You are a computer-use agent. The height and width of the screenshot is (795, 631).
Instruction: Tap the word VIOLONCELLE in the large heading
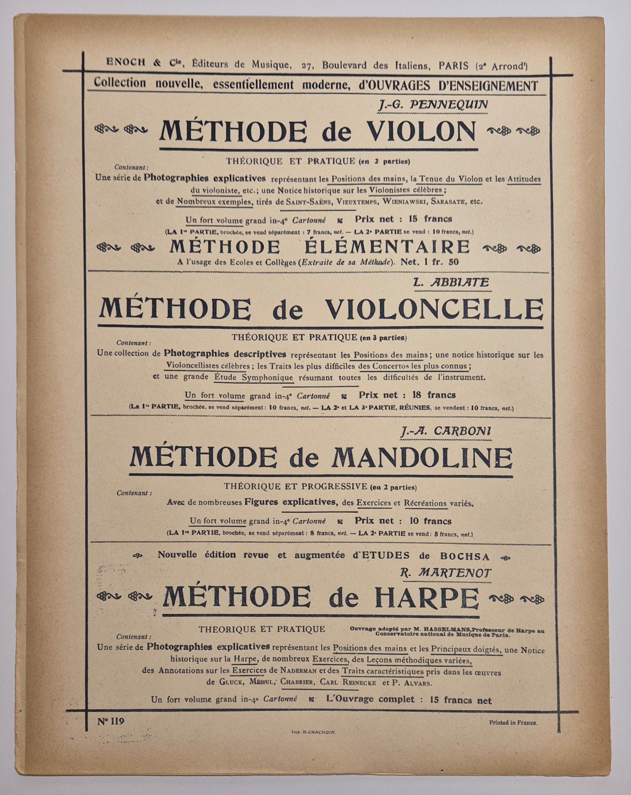click(x=434, y=309)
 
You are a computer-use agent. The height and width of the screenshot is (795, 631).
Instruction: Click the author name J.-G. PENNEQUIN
click(x=433, y=105)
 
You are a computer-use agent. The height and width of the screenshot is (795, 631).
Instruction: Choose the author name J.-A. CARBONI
click(x=446, y=432)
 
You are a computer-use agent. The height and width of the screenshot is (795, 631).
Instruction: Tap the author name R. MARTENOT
click(x=445, y=573)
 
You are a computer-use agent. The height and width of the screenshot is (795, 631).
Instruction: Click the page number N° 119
click(x=111, y=721)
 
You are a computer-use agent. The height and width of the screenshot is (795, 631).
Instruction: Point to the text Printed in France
click(x=513, y=723)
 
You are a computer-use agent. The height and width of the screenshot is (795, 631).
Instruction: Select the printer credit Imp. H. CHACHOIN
click(x=314, y=731)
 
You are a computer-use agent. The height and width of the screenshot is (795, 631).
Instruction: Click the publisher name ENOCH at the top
click(x=125, y=63)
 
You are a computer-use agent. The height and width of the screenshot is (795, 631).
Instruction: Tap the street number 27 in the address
click(x=308, y=66)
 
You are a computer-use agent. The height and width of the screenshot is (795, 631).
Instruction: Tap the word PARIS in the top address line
click(x=454, y=66)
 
